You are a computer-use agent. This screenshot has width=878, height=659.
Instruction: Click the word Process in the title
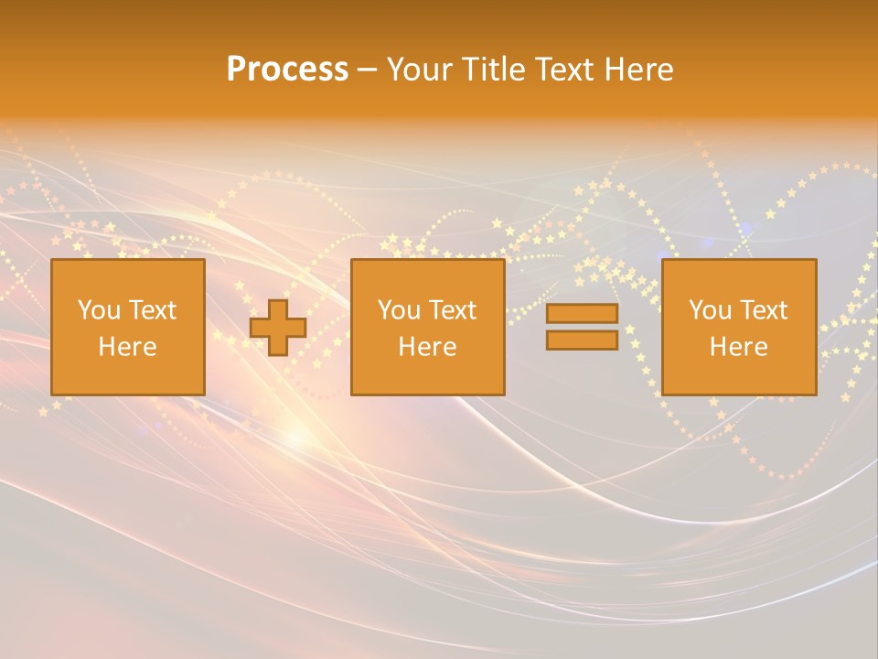287,70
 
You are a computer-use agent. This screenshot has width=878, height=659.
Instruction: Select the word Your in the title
420,70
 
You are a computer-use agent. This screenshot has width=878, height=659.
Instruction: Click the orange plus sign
278,327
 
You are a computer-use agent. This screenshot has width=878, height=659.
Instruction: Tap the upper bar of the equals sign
582,313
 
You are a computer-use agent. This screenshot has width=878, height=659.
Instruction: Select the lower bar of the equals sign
582,340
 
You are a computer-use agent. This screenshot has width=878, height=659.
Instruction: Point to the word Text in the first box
152,310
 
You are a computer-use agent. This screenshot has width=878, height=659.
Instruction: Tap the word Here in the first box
127,347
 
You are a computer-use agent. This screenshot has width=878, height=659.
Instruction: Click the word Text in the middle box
452,310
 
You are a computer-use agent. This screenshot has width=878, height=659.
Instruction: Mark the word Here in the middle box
427,347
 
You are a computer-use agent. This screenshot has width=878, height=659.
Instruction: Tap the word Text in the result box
763,310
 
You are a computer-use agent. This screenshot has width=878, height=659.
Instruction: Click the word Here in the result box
738,347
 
